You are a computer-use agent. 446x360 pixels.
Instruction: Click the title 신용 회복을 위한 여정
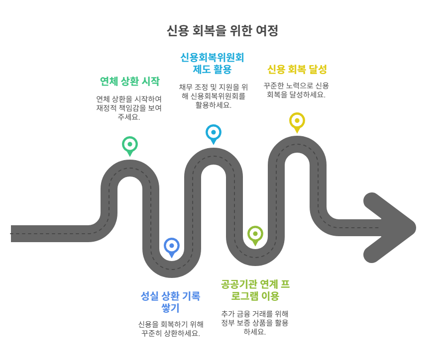click(223, 31)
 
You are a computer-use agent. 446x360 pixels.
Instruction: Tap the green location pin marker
click(130, 145)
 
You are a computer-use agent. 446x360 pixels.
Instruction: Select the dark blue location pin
click(172, 246)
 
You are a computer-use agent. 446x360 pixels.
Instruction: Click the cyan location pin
click(214, 133)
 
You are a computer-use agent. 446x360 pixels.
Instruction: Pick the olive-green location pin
click(255, 234)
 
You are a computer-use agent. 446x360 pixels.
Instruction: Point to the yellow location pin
click(297, 121)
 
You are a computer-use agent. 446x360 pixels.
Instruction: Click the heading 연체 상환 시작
click(129, 81)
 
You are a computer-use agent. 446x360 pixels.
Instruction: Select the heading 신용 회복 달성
click(297, 69)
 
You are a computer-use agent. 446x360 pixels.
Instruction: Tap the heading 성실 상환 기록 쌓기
click(171, 302)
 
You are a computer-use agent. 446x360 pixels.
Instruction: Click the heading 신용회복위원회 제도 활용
click(213, 63)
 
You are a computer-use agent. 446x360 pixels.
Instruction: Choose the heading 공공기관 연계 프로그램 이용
click(255, 290)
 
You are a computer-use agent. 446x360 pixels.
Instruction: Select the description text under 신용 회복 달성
click(296, 90)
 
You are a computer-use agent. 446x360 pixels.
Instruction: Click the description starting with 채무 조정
click(213, 96)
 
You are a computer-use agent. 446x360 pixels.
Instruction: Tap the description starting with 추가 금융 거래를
click(255, 323)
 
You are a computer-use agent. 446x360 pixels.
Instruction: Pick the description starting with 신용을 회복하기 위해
click(171, 329)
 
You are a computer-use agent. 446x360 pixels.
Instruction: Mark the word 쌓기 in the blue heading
click(171, 308)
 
